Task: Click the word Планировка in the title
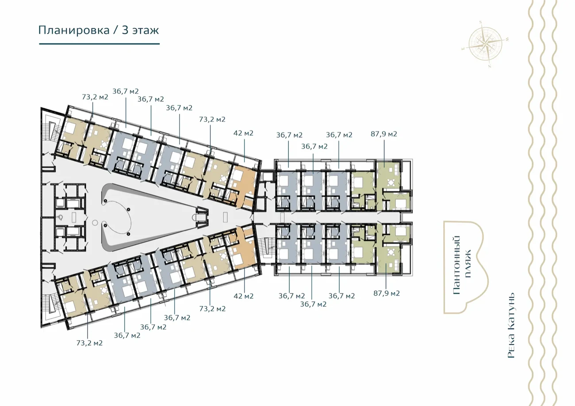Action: [x=74, y=30]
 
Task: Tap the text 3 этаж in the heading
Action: [x=140, y=30]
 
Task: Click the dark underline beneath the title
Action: [x=100, y=44]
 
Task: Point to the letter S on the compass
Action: [x=481, y=22]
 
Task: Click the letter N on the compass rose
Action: [x=490, y=66]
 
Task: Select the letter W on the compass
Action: [x=507, y=40]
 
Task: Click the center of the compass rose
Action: [x=485, y=44]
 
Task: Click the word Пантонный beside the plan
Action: [x=456, y=265]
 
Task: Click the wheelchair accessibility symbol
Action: [x=61, y=217]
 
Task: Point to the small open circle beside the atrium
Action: [x=95, y=223]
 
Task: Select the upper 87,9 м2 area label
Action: [x=384, y=134]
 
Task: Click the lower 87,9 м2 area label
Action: [x=387, y=293]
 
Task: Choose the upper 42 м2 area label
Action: [x=243, y=133]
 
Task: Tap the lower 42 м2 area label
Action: [x=243, y=296]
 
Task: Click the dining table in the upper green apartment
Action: [x=391, y=182]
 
